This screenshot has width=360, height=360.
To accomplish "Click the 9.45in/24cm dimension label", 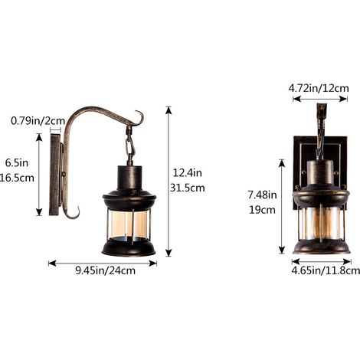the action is tap(105, 270).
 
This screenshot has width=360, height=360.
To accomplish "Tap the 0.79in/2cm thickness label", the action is tap(38, 120).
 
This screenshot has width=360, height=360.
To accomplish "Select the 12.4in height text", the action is tap(188, 173).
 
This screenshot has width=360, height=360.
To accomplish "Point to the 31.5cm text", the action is tap(188, 188).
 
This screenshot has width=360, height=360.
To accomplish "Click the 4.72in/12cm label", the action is tap(319, 88).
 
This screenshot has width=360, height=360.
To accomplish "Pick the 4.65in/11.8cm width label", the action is tap(326, 270).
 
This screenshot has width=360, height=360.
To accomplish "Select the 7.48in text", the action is tap(262, 195).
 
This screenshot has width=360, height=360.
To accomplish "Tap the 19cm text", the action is tap(262, 210).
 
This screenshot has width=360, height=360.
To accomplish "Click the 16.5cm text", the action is tap(17, 178).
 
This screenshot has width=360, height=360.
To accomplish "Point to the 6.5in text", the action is tap(17, 162).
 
